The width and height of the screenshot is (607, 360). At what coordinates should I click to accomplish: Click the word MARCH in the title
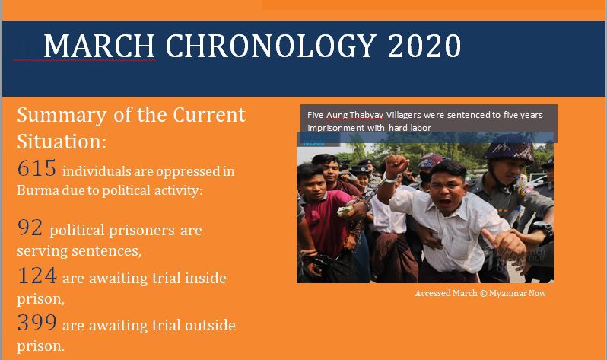(x=100, y=46)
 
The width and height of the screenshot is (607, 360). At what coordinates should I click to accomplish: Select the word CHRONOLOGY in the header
(x=271, y=46)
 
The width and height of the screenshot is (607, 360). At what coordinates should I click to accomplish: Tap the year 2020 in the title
(x=424, y=46)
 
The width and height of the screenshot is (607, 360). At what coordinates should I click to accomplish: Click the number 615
(x=37, y=168)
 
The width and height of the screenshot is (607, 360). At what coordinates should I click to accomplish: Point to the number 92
(x=30, y=228)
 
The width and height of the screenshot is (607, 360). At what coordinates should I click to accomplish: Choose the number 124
(x=37, y=276)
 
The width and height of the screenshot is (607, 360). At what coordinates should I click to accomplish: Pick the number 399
(x=37, y=323)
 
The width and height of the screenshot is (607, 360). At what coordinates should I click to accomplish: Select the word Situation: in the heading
(x=62, y=141)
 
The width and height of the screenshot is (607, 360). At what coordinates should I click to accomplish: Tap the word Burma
(x=38, y=190)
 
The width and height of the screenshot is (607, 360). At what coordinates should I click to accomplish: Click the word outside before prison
(x=210, y=325)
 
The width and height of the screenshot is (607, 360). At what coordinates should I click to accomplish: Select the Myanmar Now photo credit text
(x=481, y=293)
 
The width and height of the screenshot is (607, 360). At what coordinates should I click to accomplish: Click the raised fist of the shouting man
(x=396, y=166)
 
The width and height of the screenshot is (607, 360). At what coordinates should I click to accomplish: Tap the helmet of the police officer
(x=509, y=148)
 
